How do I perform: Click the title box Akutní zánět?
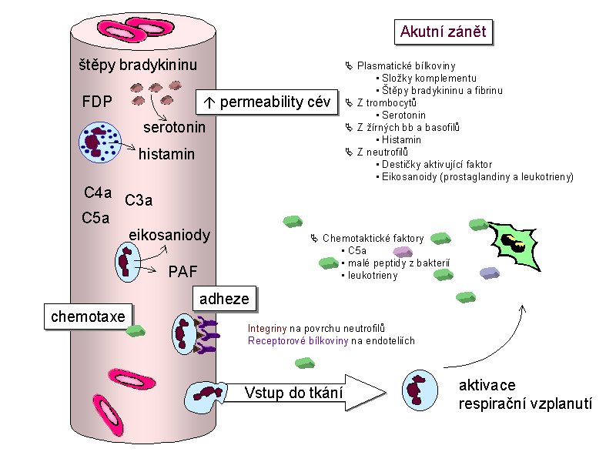coord(444,32)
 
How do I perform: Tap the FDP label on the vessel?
coord(97,102)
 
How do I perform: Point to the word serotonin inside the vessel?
coord(175,127)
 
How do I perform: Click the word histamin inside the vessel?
coord(166,156)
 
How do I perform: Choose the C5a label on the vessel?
coord(95,218)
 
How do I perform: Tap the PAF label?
coord(182,270)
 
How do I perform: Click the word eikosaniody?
coord(169,235)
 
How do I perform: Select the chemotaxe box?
coord(88,316)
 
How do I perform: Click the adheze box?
coord(224,299)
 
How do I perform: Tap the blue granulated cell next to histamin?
coord(99,141)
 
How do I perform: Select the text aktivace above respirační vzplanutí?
coord(487,385)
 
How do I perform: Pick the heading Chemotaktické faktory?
coord(373,239)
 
